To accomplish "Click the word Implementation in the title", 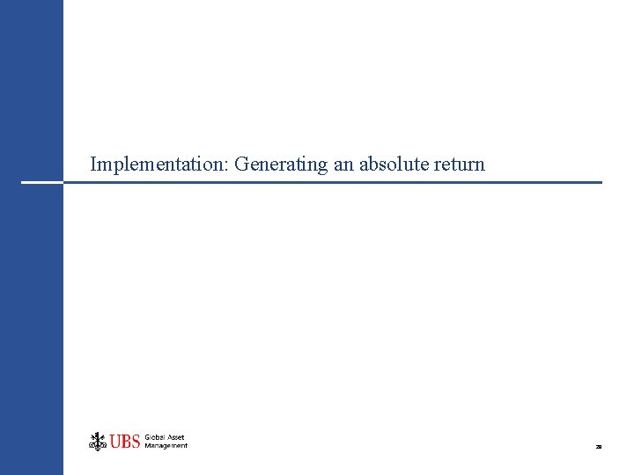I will [160, 164].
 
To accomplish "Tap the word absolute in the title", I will [394, 164].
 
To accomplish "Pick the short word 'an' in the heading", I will [343, 164].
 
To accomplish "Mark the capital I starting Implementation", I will [93, 164].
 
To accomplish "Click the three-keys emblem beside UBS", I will [98, 441].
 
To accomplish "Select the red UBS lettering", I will [125, 442].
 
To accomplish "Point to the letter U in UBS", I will [115, 442].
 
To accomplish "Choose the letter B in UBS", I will [125, 442].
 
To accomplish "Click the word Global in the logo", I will [155, 437].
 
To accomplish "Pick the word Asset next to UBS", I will [175, 437].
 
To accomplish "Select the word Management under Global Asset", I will [166, 446].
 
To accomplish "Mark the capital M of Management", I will [148, 446].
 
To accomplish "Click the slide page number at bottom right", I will [598, 447].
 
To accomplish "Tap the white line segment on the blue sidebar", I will [41, 182].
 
